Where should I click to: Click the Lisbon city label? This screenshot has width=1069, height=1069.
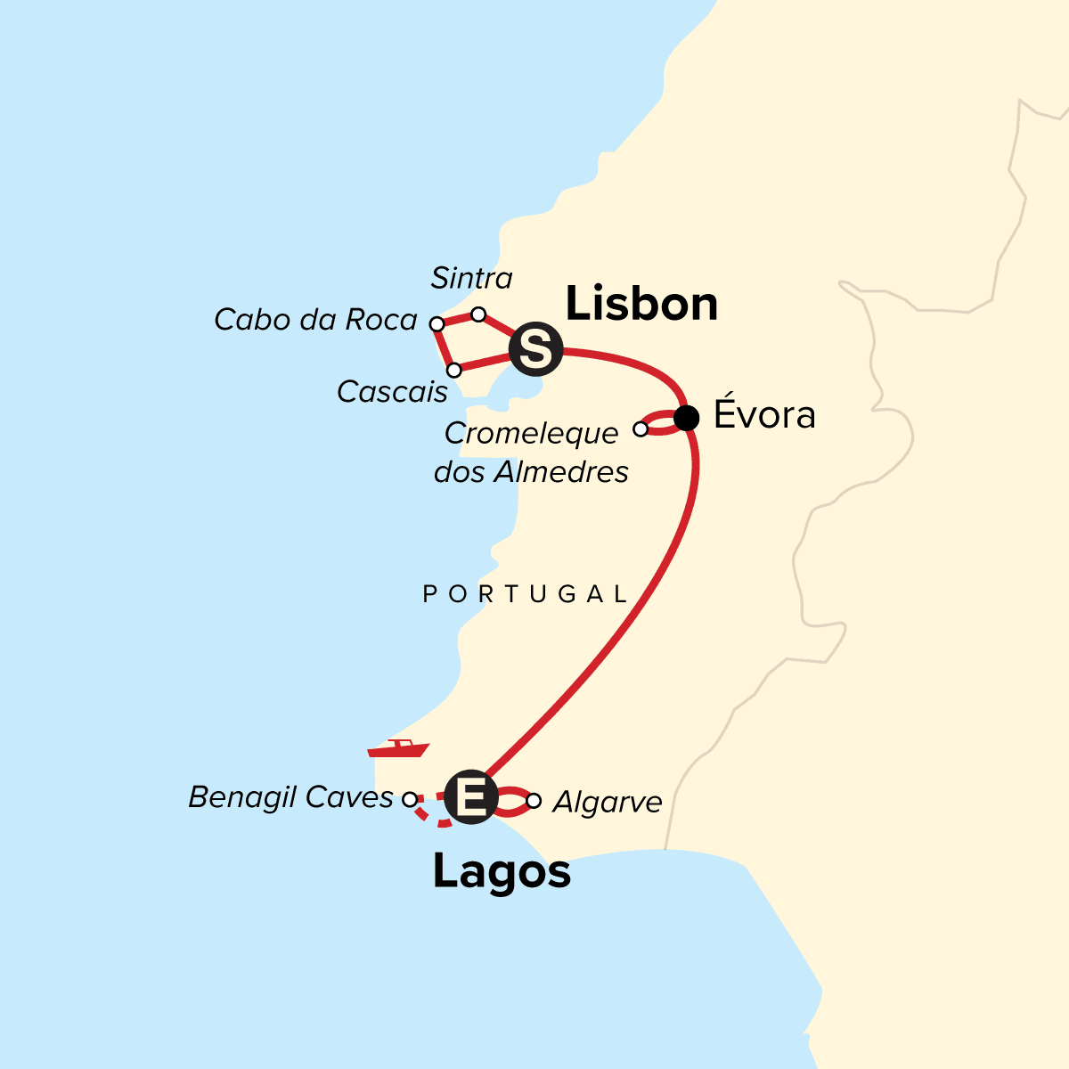coord(641,305)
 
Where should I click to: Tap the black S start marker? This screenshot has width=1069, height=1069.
coord(535,348)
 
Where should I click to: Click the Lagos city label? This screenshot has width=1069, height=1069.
coord(502,872)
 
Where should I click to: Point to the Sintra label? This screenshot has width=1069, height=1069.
coord(471,279)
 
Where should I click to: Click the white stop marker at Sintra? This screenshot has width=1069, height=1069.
coord(478,314)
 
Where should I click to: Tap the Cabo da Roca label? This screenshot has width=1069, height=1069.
coord(315,320)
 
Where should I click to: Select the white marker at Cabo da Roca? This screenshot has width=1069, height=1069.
coord(437,324)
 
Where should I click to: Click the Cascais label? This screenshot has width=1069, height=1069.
coord(392,392)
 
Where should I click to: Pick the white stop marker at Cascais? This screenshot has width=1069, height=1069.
coord(454,370)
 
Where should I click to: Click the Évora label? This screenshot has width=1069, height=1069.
coord(764,416)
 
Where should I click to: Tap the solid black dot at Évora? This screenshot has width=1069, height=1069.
coord(687,417)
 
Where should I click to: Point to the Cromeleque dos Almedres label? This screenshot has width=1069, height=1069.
coord(531,453)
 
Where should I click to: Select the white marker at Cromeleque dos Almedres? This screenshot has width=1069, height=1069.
coord(641,429)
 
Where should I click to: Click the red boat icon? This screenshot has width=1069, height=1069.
coord(398,748)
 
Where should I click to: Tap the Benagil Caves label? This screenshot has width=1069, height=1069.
coord(290,797)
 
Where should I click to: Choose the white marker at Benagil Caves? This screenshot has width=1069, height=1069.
coord(410,799)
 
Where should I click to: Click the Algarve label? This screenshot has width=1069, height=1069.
coord(608,803)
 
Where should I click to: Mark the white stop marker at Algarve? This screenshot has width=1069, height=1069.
coord(533,801)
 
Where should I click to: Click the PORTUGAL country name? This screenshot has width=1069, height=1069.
coord(526,594)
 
